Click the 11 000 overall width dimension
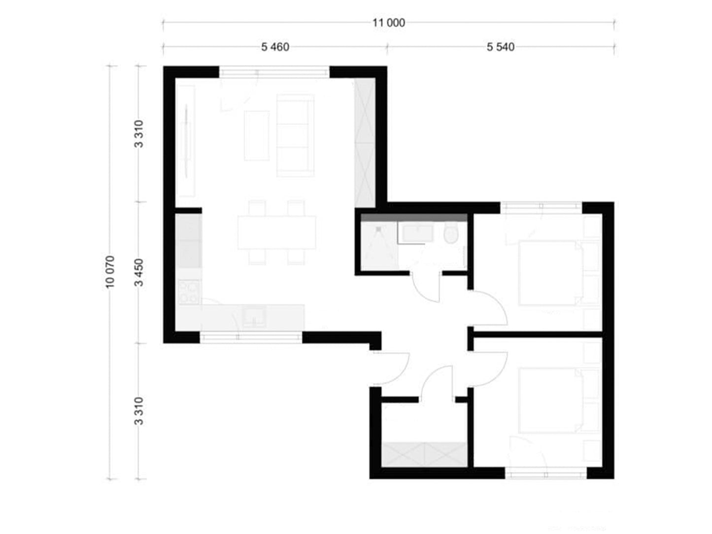point(388,23)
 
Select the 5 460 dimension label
point(275,47)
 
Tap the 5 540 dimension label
point(500,47)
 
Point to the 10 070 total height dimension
point(110,272)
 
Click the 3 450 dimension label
point(139,273)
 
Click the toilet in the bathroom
point(451,233)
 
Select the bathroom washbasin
point(417,233)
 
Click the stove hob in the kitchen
point(189,292)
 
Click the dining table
point(277,233)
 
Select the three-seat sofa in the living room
point(295,135)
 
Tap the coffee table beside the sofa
point(257,135)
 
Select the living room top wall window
point(274,72)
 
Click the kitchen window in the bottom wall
point(251,337)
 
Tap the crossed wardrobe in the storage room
point(424,455)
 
